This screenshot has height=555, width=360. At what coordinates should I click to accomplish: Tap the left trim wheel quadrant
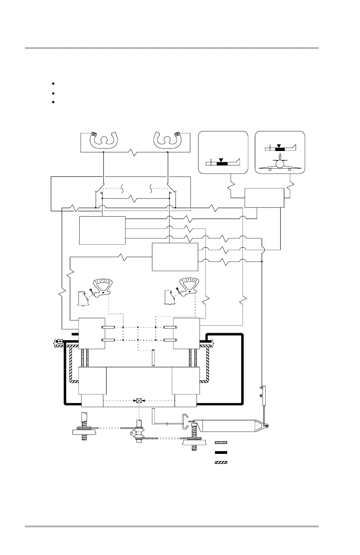click(x=107, y=287)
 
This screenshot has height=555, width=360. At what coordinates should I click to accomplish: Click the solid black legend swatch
click(x=221, y=453)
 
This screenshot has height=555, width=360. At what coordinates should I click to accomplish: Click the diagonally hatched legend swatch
click(x=221, y=463)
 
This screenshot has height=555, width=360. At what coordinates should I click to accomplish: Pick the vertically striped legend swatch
click(x=221, y=442)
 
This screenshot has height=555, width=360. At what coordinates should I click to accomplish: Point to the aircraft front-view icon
click(x=281, y=164)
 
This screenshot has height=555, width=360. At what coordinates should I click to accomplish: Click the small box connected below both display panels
click(x=264, y=198)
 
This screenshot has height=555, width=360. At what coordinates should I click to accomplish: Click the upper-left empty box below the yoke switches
click(x=102, y=230)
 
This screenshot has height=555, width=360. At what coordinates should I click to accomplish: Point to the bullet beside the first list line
click(x=54, y=84)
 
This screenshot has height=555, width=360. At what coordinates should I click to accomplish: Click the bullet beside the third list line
click(x=54, y=101)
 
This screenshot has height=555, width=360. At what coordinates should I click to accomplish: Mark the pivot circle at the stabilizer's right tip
click(x=266, y=426)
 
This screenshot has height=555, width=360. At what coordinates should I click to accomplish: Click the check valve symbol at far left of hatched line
click(x=60, y=341)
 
